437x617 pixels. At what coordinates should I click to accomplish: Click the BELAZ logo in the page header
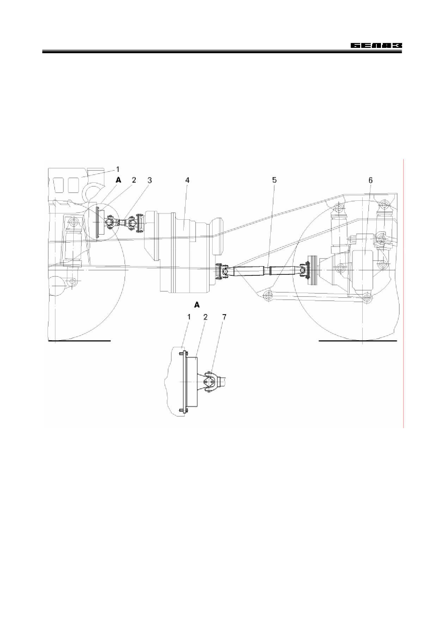pos(376,46)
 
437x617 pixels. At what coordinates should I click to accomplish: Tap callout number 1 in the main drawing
pos(118,169)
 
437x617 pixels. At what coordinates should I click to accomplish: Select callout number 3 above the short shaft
pos(149,180)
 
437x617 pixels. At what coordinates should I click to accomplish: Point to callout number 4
pos(187,180)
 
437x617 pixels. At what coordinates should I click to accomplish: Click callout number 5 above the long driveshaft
pos(274,180)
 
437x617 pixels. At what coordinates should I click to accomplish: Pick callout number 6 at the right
pos(370,180)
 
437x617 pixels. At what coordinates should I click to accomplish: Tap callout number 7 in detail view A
pos(224,317)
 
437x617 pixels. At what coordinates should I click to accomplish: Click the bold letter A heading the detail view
pos(197,304)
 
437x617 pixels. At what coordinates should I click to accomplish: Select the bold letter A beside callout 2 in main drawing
pos(118,180)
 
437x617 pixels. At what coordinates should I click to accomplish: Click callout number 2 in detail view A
pos(205,317)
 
